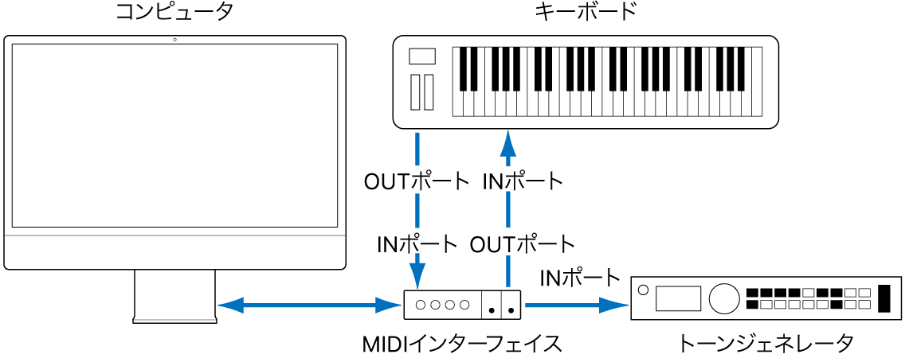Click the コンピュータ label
[174, 14]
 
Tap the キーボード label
[586, 14]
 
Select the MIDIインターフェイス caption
[462, 344]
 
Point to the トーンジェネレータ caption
[766, 344]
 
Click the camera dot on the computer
[174, 40]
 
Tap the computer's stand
[174, 295]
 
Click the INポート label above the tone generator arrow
[580, 278]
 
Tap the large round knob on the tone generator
[723, 298]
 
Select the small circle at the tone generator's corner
[644, 289]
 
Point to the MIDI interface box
[463, 304]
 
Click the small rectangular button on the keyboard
[422, 56]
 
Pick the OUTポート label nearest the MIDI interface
[523, 243]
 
